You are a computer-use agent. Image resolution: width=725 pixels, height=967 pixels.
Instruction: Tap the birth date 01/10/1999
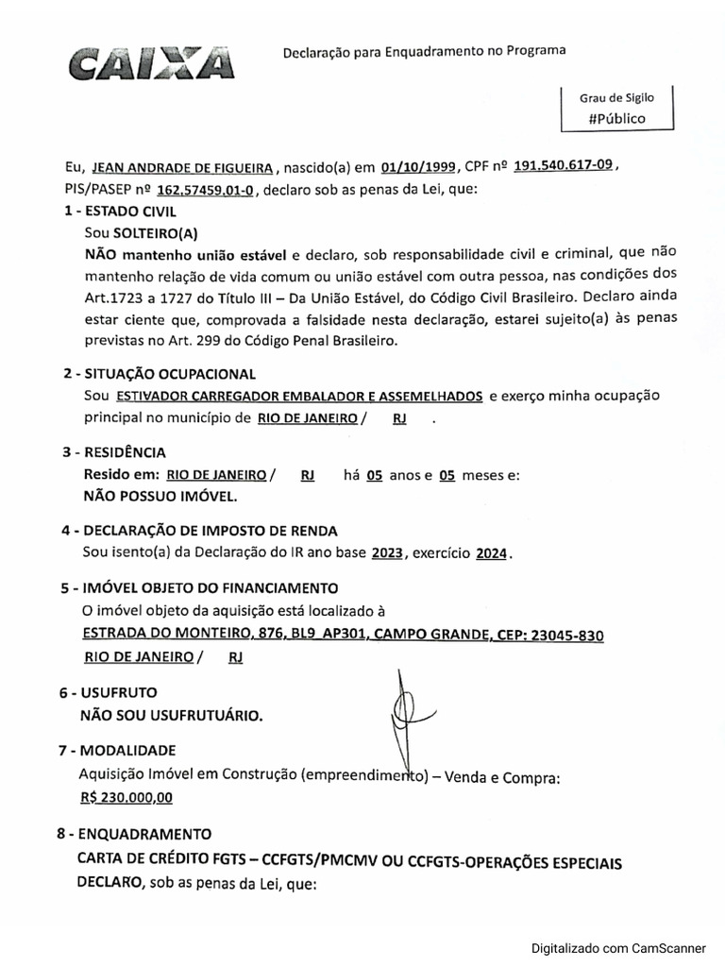click(421, 167)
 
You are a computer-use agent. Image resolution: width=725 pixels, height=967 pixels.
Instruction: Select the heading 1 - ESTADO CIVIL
click(119, 212)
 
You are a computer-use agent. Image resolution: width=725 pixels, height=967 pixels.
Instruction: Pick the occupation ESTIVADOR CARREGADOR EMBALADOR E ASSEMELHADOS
click(300, 395)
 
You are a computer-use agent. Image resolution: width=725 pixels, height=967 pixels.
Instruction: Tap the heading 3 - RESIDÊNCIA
click(114, 452)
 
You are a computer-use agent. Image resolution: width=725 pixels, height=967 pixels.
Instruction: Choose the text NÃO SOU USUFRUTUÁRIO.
click(171, 715)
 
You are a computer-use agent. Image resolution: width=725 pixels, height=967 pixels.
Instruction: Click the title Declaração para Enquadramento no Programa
click(425, 53)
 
